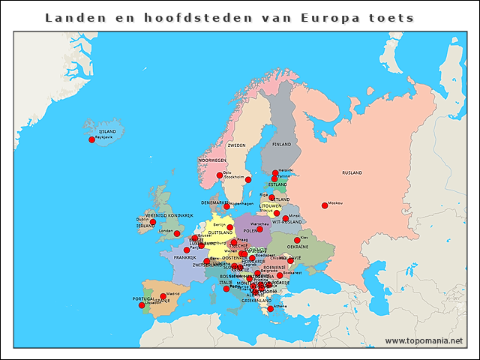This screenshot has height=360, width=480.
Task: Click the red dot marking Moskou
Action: pyautogui.click(x=325, y=205)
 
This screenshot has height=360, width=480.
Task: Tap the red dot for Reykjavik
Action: pyautogui.click(x=92, y=139)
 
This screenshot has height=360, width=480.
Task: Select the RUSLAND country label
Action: pyautogui.click(x=352, y=173)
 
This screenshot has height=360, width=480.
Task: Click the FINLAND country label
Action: pyautogui.click(x=281, y=144)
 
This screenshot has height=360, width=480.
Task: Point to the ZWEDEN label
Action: pyautogui.click(x=236, y=145)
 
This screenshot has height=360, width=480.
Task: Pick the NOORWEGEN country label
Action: pyautogui.click(x=212, y=160)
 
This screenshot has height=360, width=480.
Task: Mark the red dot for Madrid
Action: pyautogui.click(x=163, y=297)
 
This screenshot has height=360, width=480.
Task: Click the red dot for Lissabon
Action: pyautogui.click(x=142, y=305)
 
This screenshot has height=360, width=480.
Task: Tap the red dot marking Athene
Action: pyautogui.click(x=271, y=308)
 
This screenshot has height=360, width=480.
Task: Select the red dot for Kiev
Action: pyautogui.click(x=297, y=240)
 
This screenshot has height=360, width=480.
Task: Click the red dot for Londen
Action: pyautogui.click(x=177, y=233)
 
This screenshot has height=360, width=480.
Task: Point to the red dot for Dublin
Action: pyautogui.click(x=153, y=222)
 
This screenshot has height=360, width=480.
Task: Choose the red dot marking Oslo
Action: pyautogui.click(x=220, y=175)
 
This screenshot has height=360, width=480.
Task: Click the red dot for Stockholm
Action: pyautogui.click(x=248, y=180)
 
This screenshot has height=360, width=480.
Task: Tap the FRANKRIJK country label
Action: pyautogui.click(x=184, y=257)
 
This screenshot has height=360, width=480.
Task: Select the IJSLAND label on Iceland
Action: pyautogui.click(x=107, y=131)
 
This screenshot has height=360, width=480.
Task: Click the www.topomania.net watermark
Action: pyautogui.click(x=424, y=341)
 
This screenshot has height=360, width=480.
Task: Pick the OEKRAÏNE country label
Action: pyautogui.click(x=298, y=247)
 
